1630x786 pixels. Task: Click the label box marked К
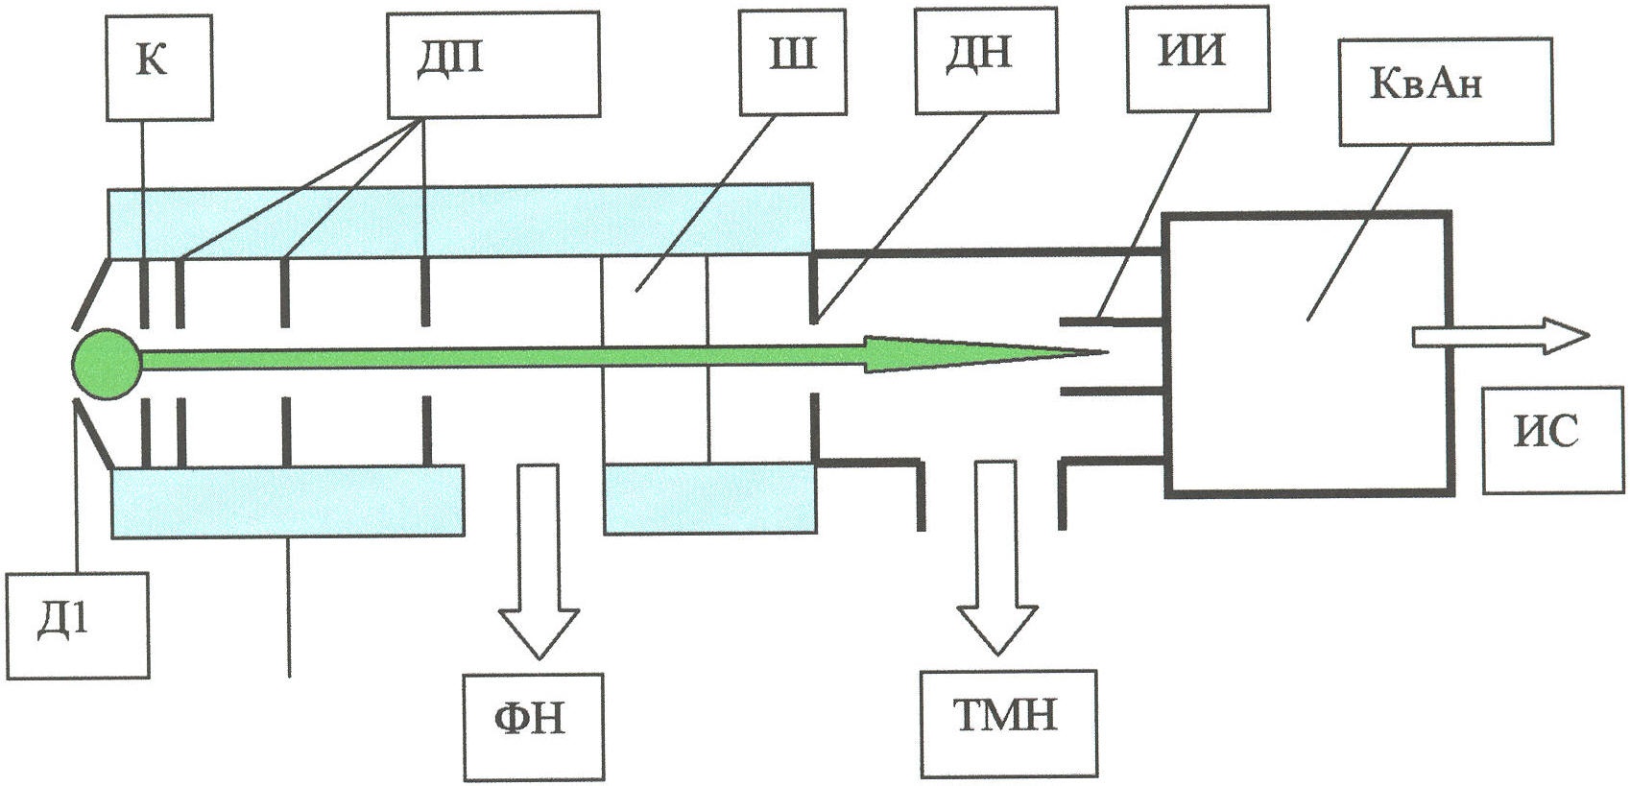[x=159, y=67]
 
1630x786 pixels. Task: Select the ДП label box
[x=493, y=64]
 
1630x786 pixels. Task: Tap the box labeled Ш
[x=793, y=61]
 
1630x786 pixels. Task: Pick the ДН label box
[x=987, y=60]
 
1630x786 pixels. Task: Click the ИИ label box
[x=1198, y=59]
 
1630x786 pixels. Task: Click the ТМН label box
[x=1009, y=725]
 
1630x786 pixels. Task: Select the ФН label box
[x=534, y=727]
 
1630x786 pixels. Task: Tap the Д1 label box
[x=78, y=626]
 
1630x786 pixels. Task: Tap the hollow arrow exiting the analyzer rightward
[x=1499, y=337]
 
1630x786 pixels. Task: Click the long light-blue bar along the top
[x=460, y=222]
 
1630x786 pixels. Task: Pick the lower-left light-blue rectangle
[x=287, y=501]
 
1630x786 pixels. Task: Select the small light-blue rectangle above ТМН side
[x=709, y=499]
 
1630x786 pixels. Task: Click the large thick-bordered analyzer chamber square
[x=1307, y=354]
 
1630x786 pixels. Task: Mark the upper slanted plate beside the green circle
[x=92, y=293]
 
